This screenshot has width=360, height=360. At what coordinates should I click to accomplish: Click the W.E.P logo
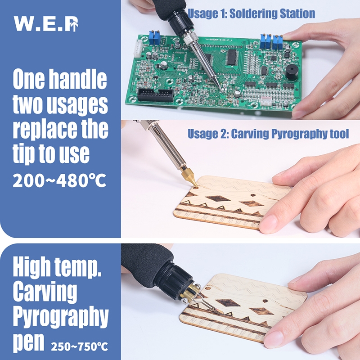(46, 23)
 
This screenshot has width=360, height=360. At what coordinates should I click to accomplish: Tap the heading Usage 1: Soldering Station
(252, 13)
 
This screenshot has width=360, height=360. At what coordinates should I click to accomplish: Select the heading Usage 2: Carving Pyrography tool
(268, 134)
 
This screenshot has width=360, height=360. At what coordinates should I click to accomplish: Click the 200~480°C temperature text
(59, 181)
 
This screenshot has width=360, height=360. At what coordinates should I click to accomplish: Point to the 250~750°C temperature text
(80, 346)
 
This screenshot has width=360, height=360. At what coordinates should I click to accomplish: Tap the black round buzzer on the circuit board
(292, 72)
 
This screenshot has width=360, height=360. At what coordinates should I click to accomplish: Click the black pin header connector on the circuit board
(155, 95)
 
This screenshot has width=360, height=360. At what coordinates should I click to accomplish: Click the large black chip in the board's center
(231, 57)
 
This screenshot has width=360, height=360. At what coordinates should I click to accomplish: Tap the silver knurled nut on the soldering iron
(190, 37)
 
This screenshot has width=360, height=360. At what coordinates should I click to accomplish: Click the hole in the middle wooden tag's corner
(196, 188)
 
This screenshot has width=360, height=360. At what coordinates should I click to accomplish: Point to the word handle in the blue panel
(78, 79)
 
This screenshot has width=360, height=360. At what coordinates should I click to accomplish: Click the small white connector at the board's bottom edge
(266, 100)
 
